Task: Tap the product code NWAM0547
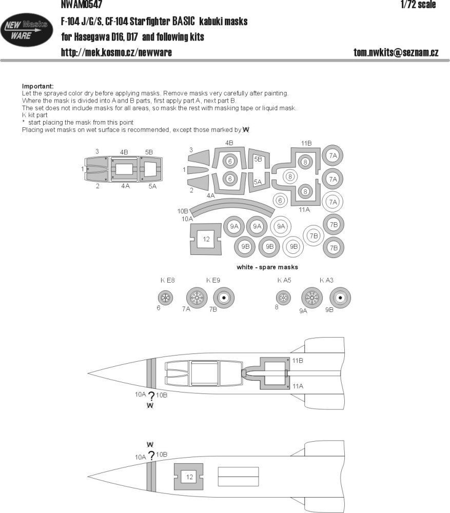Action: point(77,5)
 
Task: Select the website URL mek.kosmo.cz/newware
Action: point(116,53)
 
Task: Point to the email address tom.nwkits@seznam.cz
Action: point(396,53)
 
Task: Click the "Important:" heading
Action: point(37,86)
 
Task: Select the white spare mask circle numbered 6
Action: point(280,201)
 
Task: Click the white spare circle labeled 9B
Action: point(294,246)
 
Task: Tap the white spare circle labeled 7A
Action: point(333,202)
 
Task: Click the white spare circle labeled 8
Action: point(290,177)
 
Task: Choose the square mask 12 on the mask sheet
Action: point(206,239)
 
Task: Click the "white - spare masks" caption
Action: point(267,267)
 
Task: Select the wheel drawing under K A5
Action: point(282,297)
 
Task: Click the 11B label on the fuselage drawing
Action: point(298,361)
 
